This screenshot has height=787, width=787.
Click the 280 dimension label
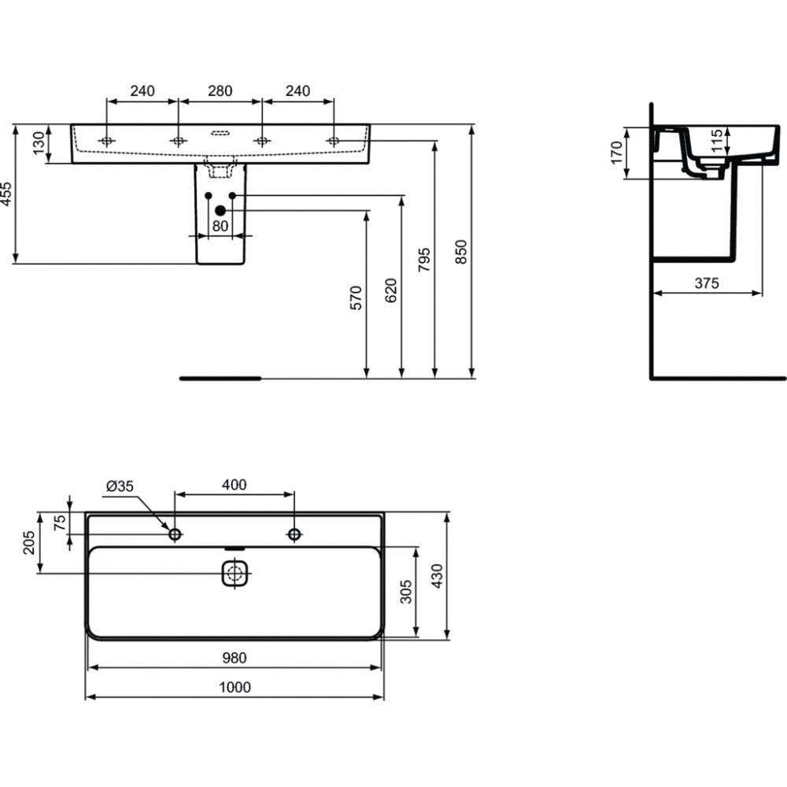click(220, 91)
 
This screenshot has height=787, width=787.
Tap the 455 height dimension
click(6, 194)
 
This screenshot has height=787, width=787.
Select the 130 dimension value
click(39, 143)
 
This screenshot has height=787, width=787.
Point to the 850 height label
click(460, 252)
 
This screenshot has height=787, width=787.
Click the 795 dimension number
click(424, 260)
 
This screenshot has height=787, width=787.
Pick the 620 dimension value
click(390, 290)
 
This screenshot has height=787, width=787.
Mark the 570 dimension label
click(356, 297)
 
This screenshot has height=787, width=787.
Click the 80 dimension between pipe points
click(220, 226)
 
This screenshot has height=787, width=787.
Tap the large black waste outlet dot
click(220, 211)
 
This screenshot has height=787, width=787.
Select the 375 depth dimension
click(707, 283)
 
